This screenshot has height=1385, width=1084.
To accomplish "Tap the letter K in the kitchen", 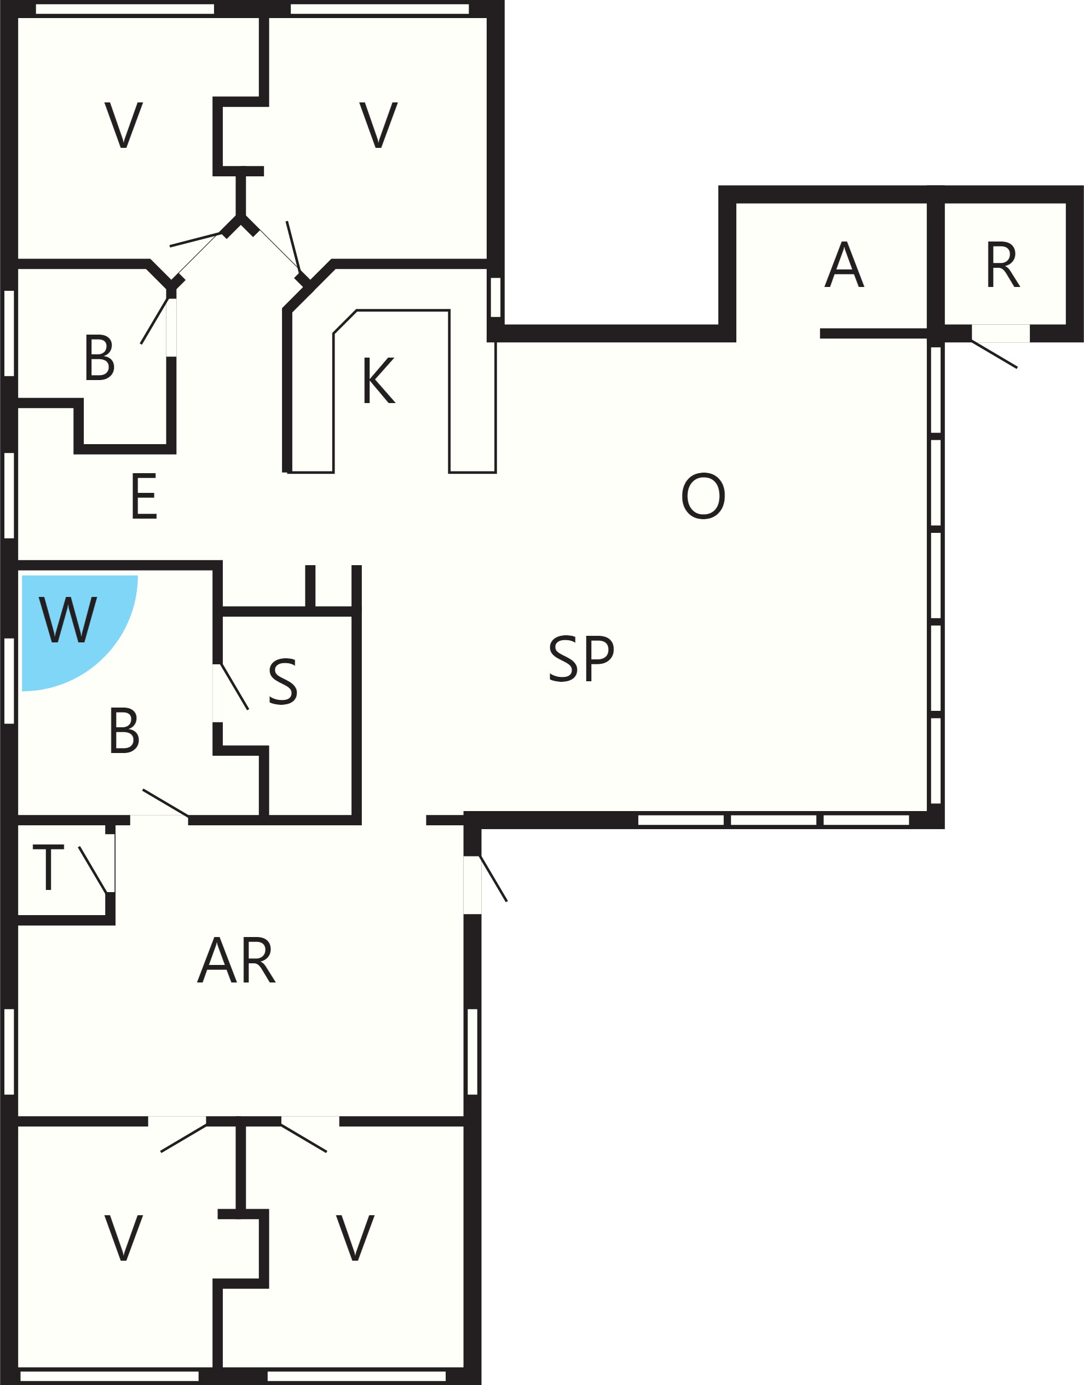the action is coord(379,380).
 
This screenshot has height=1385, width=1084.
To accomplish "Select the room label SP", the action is coord(581,658).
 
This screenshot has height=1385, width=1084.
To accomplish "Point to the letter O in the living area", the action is coord(703,496).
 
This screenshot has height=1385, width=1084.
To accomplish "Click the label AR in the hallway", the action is coord(237,961).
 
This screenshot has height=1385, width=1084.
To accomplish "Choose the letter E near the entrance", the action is coord(144,497).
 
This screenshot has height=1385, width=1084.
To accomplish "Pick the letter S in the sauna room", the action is coord(283,682).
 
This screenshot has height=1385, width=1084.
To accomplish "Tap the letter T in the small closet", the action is coord(48,867).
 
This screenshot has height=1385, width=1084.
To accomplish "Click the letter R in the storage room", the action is coord(1003,265).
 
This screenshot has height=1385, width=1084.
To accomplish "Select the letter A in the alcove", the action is coord(844,265).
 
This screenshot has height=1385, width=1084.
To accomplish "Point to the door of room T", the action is coord(93,870).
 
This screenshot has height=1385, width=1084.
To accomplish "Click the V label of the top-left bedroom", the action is coord(124,125).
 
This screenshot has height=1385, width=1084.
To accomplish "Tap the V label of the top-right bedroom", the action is coord(378,125).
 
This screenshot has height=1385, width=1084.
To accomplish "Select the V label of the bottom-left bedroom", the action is coord(124,1238).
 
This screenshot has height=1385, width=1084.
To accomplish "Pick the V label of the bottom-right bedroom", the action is coord(355,1238).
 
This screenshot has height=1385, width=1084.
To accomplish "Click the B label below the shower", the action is coord(124,731).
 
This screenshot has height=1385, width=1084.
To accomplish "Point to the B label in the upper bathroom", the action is coord(99,358).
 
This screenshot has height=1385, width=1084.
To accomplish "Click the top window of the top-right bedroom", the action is coord(379,9).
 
